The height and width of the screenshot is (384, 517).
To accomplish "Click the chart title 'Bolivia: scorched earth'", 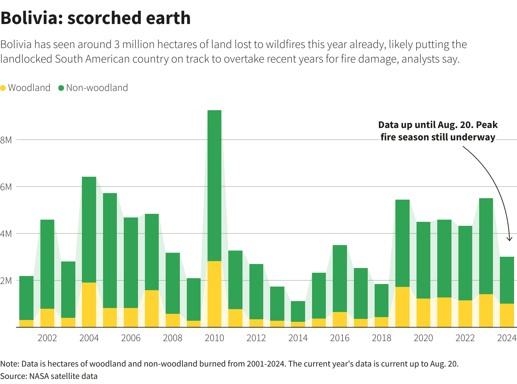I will [x=95, y=18].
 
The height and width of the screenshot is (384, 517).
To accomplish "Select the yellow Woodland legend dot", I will [x=3, y=88].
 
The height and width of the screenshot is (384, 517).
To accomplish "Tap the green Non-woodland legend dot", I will [x=61, y=88].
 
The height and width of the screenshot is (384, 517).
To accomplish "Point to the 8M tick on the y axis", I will [x=6, y=140].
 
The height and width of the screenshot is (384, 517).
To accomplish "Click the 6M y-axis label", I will [x=6, y=187].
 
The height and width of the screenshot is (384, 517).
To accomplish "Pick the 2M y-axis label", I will [x=6, y=281].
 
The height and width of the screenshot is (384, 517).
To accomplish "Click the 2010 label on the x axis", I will [x=214, y=338].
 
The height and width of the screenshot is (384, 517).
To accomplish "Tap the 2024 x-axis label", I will [x=507, y=338].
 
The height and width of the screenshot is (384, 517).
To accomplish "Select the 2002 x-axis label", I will [x=47, y=338].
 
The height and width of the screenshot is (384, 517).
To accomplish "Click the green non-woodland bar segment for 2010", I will [x=214, y=185].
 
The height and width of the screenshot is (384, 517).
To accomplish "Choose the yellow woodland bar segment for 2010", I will [x=214, y=294].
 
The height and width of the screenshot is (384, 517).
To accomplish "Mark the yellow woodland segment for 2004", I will [x=89, y=305].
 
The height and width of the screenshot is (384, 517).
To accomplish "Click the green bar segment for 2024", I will [x=507, y=280].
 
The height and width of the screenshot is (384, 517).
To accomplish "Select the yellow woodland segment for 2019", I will [x=402, y=307].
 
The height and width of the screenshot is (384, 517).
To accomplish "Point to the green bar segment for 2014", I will [x=298, y=311].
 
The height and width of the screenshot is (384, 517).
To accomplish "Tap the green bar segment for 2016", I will [x=340, y=279].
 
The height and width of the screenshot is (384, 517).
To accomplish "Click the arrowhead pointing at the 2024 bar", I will [x=509, y=239].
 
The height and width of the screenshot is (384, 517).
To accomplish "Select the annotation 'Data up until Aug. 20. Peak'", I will [x=438, y=125].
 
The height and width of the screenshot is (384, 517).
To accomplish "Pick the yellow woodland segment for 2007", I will [x=152, y=308].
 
